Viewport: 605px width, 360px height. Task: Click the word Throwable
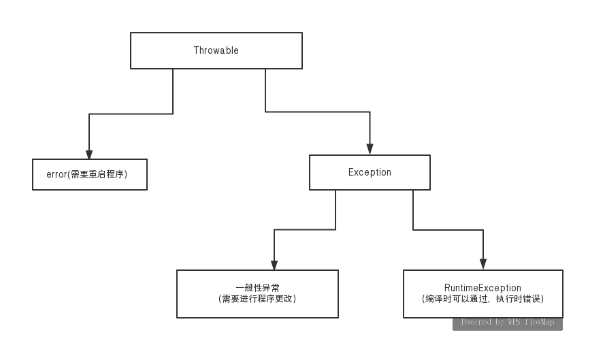pos(216,50)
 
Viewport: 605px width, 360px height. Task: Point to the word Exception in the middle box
pos(370,172)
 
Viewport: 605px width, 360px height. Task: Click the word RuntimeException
pos(483,288)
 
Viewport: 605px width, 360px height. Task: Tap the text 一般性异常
pos(257,287)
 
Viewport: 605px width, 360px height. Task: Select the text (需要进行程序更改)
pos(257,299)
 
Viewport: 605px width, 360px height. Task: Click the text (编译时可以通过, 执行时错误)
pos(483,299)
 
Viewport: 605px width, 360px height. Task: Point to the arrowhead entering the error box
pos(89,154)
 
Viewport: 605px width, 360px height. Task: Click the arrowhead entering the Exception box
pos(370,149)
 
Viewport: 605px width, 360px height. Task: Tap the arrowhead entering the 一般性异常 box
pos(274,265)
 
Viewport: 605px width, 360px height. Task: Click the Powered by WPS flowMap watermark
pos(507,322)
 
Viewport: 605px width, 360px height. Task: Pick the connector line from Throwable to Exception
pos(316,112)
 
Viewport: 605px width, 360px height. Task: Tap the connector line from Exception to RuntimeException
pos(449,229)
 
